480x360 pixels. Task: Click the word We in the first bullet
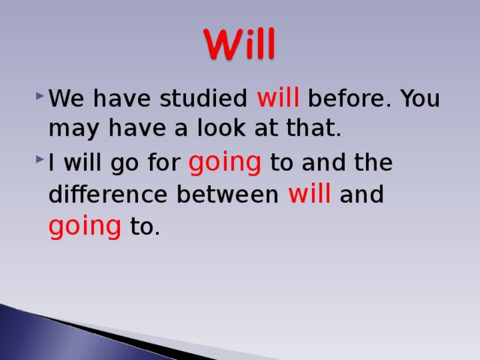point(64,100)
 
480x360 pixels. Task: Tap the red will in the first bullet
point(279,98)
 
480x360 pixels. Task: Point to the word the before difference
point(373,163)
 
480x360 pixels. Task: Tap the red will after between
point(309,193)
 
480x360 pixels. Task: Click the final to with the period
point(145,226)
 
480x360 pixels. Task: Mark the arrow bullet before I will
point(38,163)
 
